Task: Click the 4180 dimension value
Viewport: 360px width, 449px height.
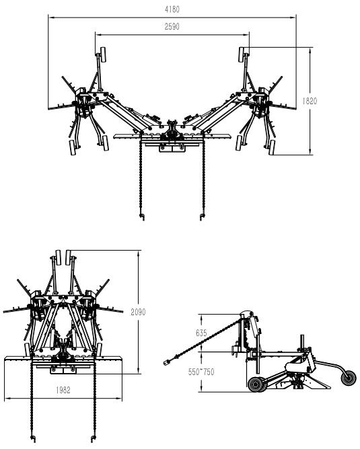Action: click(x=172, y=9)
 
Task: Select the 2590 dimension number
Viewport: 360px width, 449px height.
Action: click(x=172, y=26)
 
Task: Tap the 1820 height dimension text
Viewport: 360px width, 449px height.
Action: click(x=310, y=101)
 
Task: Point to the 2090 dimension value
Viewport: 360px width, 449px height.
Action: click(x=138, y=312)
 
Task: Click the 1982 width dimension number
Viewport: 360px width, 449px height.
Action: click(x=63, y=390)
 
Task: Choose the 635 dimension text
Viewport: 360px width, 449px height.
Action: click(x=201, y=333)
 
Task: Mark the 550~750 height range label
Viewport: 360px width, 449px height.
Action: click(x=201, y=372)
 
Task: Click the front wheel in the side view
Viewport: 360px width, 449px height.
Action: click(x=258, y=384)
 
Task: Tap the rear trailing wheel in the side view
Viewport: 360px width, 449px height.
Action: click(x=349, y=377)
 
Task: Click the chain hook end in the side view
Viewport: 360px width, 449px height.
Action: click(x=166, y=362)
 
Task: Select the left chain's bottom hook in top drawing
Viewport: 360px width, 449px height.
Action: click(x=141, y=216)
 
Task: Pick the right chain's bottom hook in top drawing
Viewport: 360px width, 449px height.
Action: click(x=202, y=216)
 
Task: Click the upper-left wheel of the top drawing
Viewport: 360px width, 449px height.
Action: click(x=102, y=54)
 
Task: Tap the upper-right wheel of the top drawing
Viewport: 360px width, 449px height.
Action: click(x=242, y=54)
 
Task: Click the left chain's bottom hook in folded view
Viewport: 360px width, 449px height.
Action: click(x=33, y=439)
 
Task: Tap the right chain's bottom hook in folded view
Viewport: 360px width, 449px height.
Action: click(x=93, y=439)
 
